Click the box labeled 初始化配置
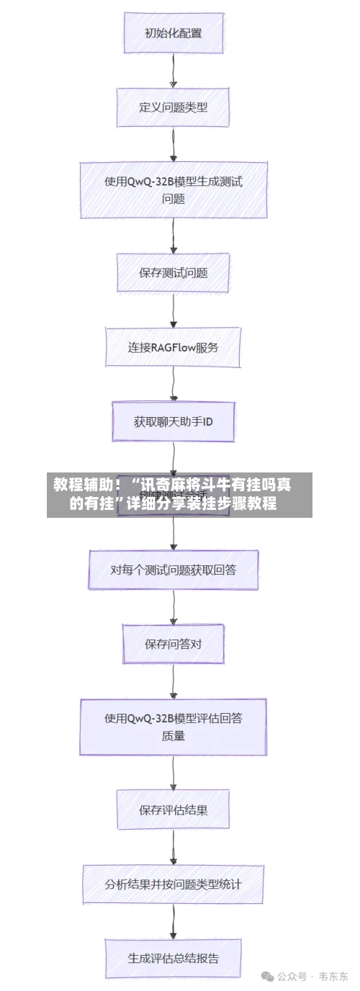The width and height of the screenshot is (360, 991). (x=173, y=33)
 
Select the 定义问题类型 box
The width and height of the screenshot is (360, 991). (x=173, y=107)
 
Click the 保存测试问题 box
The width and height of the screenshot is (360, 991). (x=173, y=273)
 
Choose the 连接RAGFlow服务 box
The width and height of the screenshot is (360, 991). (x=173, y=347)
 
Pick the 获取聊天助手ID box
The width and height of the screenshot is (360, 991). (x=173, y=422)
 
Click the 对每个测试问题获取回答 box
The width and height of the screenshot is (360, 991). (x=173, y=570)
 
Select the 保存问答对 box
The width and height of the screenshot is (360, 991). (x=173, y=644)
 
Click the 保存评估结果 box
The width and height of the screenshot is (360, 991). (x=173, y=810)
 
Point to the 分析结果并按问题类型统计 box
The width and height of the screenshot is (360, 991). (x=173, y=884)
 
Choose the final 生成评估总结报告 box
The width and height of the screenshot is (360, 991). (x=173, y=958)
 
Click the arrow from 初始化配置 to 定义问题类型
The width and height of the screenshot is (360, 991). (x=174, y=71)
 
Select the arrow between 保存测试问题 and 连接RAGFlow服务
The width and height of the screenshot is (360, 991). (x=174, y=310)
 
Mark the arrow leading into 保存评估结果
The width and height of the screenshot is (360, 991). (x=174, y=772)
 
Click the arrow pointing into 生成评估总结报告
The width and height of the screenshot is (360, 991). (x=174, y=921)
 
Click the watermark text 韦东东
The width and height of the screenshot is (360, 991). (x=333, y=977)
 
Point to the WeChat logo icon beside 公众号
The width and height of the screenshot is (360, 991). (x=267, y=977)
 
